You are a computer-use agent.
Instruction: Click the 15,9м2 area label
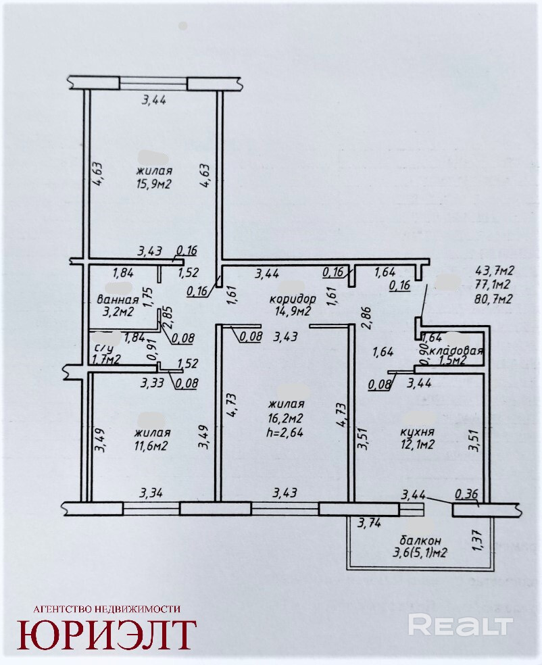(x=153, y=184)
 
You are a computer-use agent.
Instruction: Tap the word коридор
(x=293, y=298)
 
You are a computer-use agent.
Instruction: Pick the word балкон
(x=420, y=540)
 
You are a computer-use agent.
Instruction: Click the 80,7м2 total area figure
(x=493, y=298)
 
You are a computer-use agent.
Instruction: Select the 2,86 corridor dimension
(x=366, y=316)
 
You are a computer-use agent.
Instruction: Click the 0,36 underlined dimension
(x=467, y=495)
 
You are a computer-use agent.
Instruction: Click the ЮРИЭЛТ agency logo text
(x=107, y=634)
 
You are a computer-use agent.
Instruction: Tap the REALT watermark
(x=460, y=624)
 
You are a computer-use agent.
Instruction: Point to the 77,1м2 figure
(x=493, y=285)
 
